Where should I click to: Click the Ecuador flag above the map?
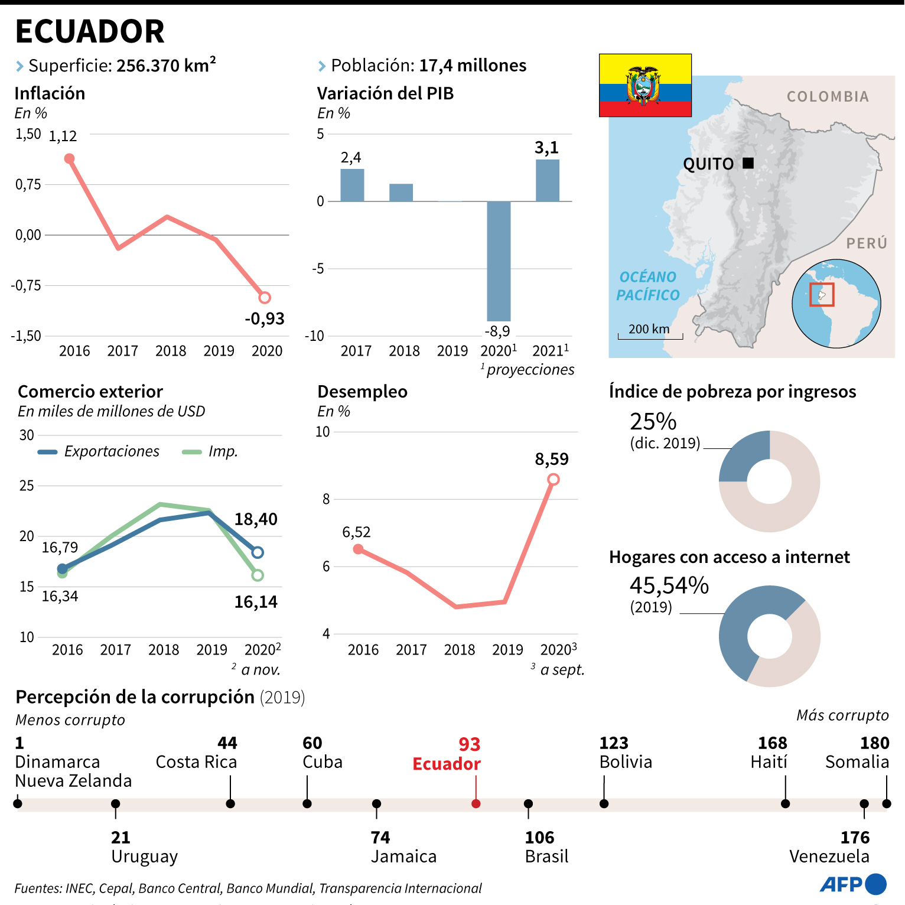coord(645,85)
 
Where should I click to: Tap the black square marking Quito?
coord(748,163)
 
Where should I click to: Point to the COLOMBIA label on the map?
coord(828,97)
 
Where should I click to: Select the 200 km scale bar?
coord(650,337)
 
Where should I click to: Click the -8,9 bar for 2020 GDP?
coord(499,261)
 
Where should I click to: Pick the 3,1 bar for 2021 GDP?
coord(548,180)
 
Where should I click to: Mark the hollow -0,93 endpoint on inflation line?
coord(265,298)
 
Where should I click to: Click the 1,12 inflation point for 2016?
coord(69,158)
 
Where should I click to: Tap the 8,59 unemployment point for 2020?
coord(553,479)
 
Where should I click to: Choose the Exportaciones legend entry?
coord(99,452)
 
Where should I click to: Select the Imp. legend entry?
coord(210,452)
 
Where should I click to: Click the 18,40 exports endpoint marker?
coord(257,552)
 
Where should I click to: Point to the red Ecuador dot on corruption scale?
coord(476,803)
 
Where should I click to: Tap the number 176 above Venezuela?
coord(855,838)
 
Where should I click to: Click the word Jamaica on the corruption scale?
coord(403,857)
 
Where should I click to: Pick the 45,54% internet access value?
coord(669,585)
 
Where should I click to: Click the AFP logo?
coord(853,884)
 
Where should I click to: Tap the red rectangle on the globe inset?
coord(822,294)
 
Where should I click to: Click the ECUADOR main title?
coord(90,31)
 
